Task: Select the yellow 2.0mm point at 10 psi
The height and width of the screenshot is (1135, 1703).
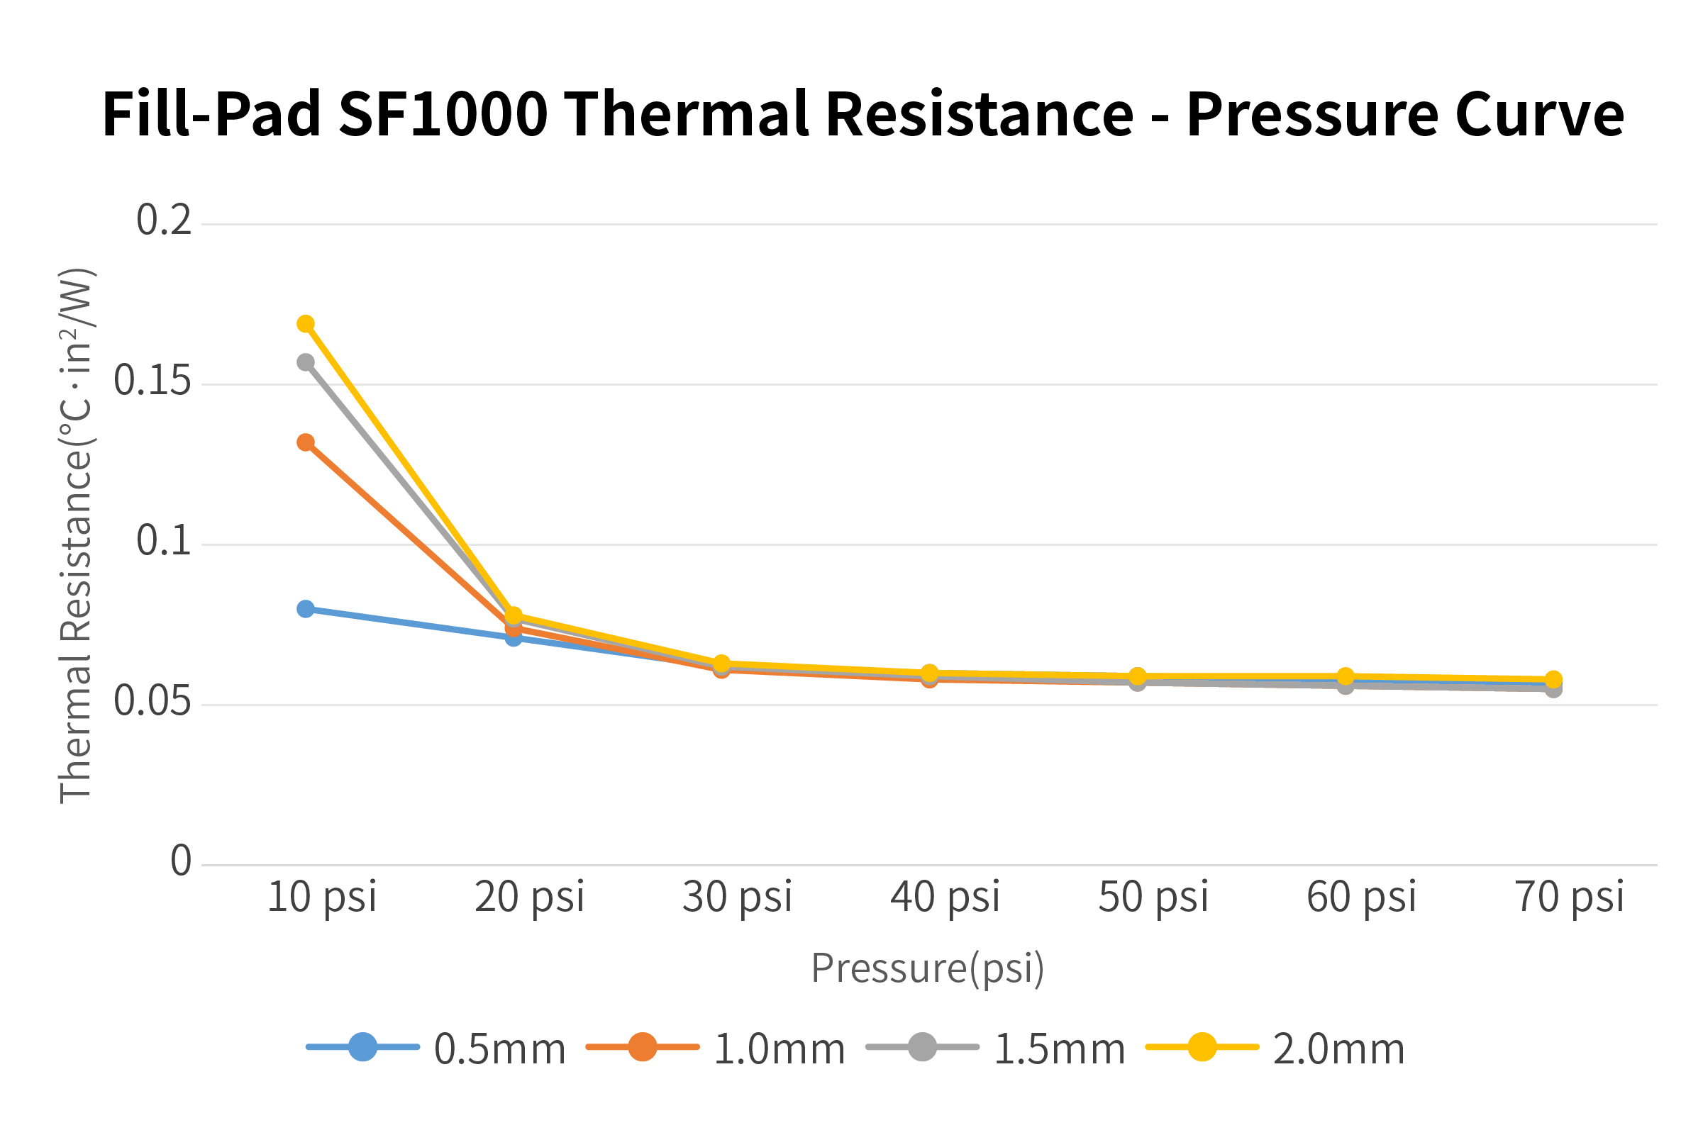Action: point(306,323)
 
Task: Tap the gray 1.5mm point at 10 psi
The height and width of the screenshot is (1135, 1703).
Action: point(306,362)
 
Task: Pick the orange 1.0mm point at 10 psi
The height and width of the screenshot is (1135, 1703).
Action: point(306,442)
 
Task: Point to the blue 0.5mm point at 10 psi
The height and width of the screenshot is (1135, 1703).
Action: point(306,609)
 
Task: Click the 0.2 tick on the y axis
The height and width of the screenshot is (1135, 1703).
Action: point(165,220)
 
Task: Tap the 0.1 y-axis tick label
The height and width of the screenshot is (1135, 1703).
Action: point(165,541)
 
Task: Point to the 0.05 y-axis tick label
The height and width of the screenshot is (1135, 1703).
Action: point(152,700)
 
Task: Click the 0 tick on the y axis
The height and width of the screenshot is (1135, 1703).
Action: point(181,861)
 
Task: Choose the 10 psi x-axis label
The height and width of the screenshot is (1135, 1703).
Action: point(322,897)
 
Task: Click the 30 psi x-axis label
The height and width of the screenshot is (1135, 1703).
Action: point(737,897)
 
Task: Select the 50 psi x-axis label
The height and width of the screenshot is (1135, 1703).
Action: point(1153,897)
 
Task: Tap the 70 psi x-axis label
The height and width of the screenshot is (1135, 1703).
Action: point(1570,897)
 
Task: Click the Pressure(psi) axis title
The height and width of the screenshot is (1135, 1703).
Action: point(928,968)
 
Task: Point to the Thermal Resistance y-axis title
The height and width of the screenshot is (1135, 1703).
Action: point(75,536)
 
